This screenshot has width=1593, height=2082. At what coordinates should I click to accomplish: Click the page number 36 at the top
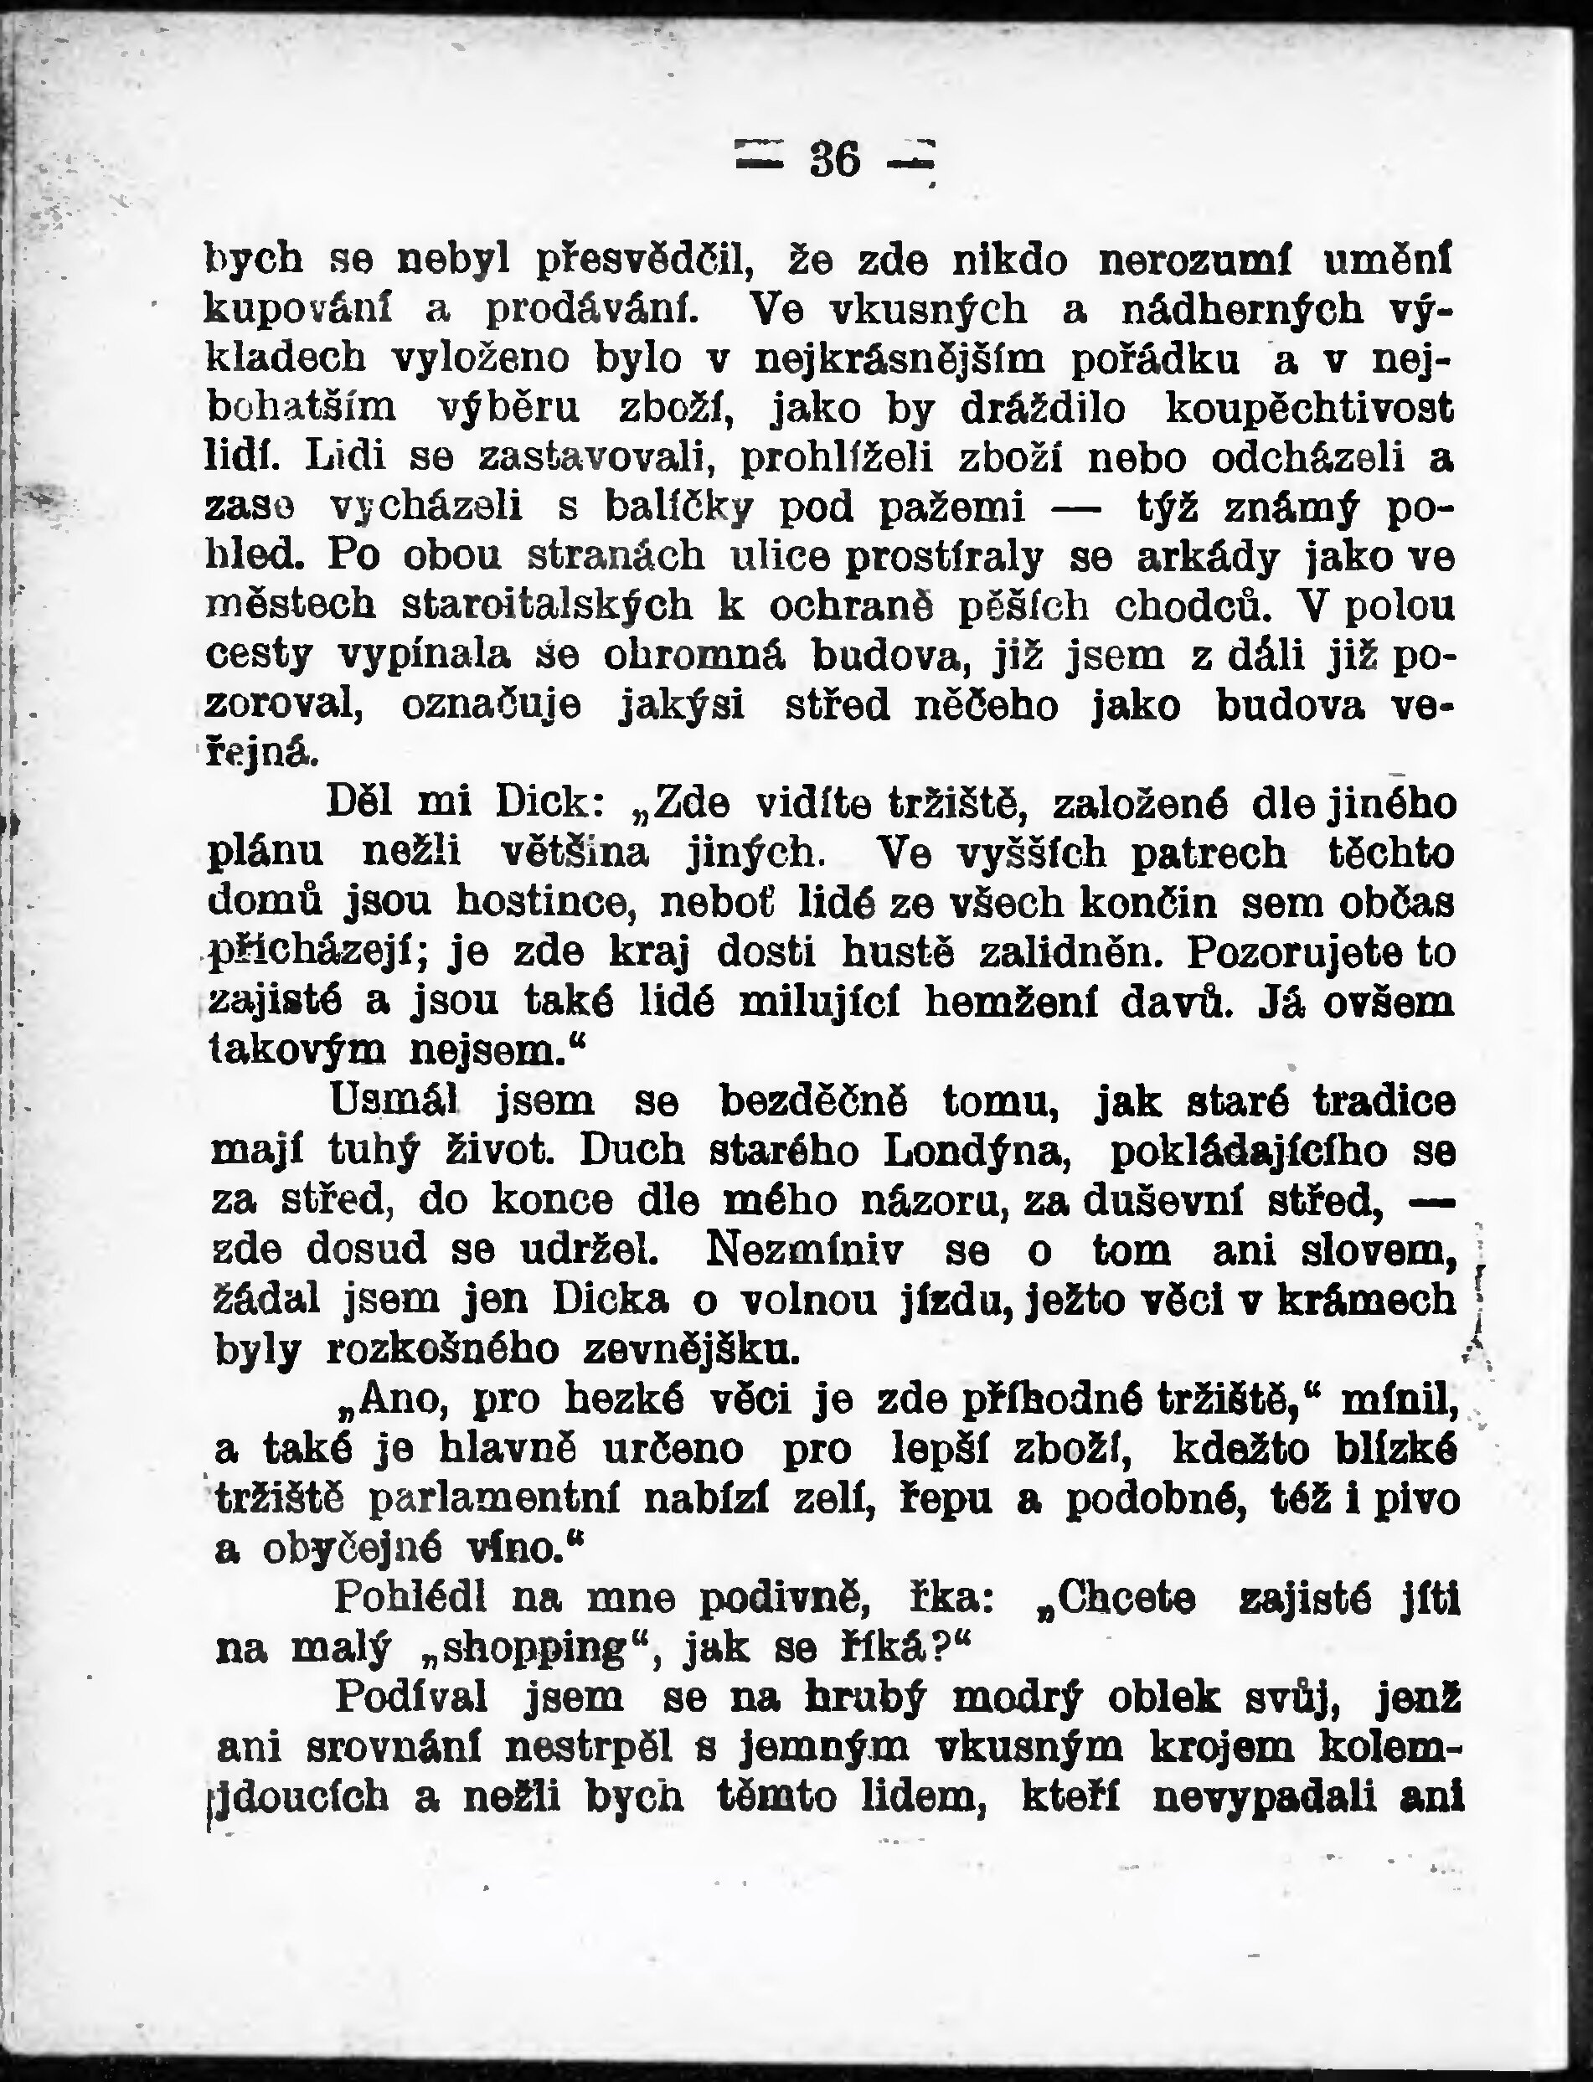pos(834,159)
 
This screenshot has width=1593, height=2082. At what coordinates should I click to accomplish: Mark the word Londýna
pos(977,1151)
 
